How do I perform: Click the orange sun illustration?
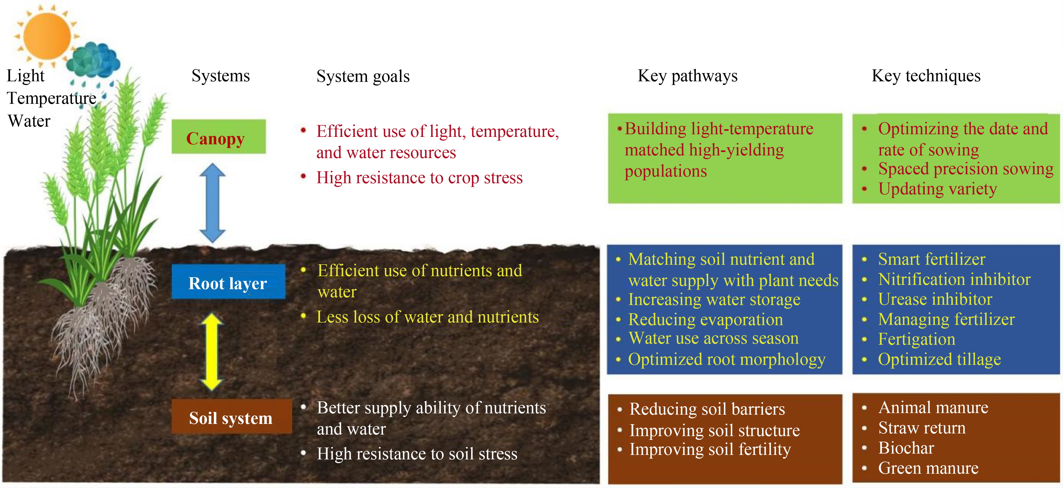pos(47,36)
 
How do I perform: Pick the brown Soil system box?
pos(231,417)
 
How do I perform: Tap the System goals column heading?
pos(363,76)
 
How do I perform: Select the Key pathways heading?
pos(687,76)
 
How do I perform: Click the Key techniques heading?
pos(926,76)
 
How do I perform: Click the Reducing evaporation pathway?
pos(705,319)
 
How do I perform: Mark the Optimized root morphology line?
pos(726,359)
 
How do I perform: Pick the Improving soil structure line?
pos(714,430)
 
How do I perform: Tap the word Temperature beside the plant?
pos(52,98)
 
